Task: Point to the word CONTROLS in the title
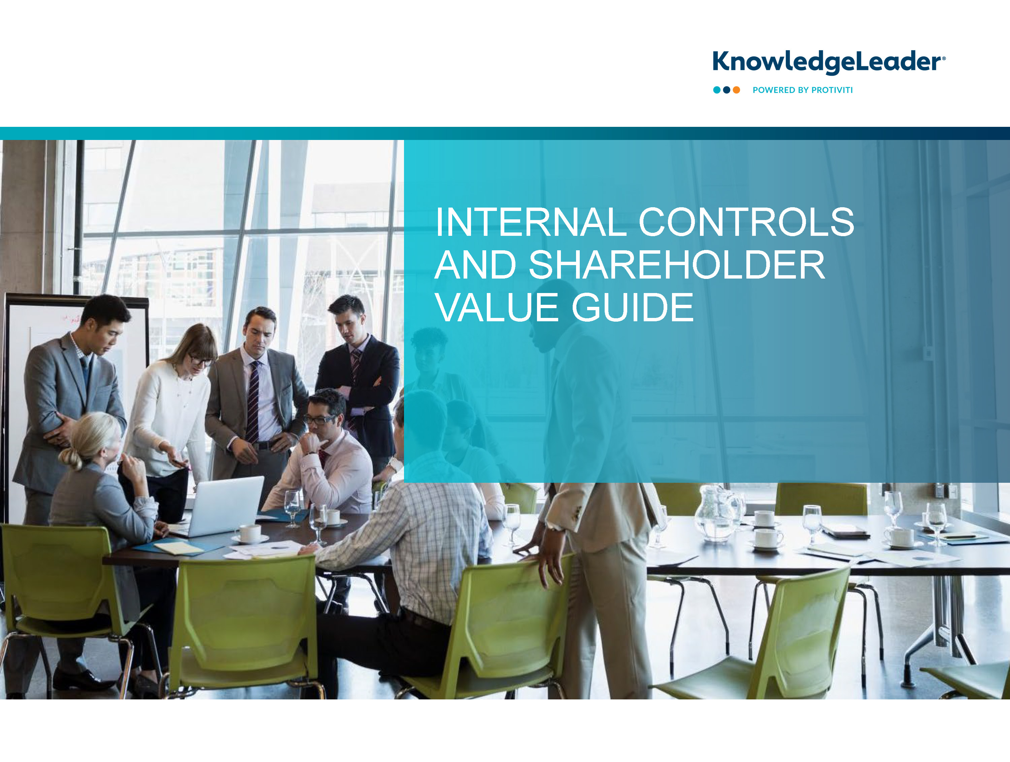[x=746, y=222]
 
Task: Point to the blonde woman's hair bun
[x=72, y=458]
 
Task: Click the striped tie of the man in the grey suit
[x=252, y=402]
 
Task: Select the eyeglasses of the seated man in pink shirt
[x=319, y=419]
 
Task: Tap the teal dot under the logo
[x=717, y=90]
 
